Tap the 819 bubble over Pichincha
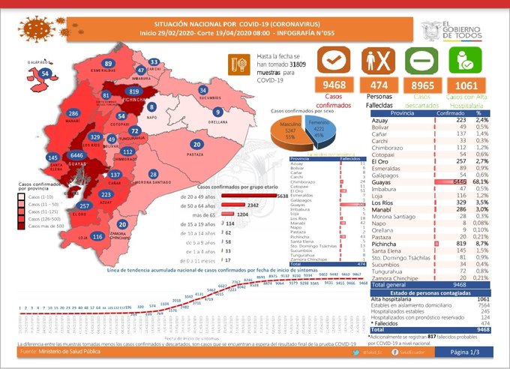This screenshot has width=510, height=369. click(134, 91)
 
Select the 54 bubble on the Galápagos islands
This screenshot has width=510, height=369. click(46, 73)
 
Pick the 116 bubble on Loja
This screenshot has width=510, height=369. click(97, 237)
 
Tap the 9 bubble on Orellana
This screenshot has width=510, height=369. click(216, 112)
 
